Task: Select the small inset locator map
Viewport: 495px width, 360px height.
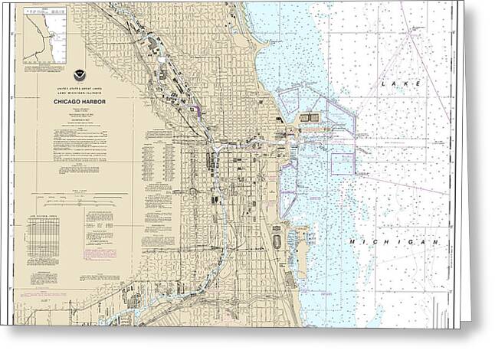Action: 44,36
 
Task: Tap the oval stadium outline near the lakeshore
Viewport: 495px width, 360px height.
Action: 276,243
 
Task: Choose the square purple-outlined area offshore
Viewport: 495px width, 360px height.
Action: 342,164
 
